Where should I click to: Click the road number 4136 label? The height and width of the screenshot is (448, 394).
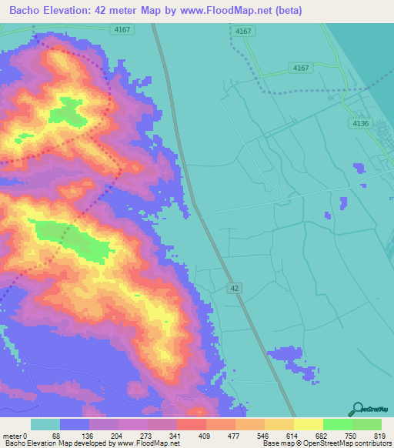point(359,123)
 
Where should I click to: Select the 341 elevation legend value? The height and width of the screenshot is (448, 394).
point(177,435)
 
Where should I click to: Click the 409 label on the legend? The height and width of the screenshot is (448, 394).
point(206,435)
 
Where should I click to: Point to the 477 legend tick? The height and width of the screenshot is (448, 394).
point(235,435)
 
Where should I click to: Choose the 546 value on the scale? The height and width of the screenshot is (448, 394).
point(265,435)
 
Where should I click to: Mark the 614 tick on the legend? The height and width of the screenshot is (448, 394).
point(294,435)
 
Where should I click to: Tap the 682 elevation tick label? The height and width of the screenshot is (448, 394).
point(323,435)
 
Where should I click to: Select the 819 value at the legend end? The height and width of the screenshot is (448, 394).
point(379,435)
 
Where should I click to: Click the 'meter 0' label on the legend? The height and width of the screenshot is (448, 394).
point(15,435)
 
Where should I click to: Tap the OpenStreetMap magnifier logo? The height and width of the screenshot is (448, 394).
point(356,410)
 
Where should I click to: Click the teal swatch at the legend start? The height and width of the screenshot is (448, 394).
point(45,424)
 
